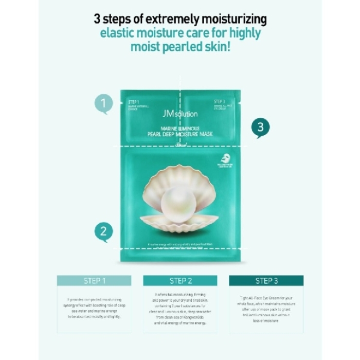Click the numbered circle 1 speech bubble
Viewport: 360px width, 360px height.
(x=103, y=103)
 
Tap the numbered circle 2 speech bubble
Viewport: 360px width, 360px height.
(x=103, y=232)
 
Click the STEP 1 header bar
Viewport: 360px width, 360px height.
(x=94, y=281)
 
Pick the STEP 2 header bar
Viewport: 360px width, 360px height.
(x=180, y=281)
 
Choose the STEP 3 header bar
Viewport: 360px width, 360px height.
(x=266, y=281)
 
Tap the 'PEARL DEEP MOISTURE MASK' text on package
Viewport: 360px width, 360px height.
(x=180, y=134)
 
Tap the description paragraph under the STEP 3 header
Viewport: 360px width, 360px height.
(x=266, y=309)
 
